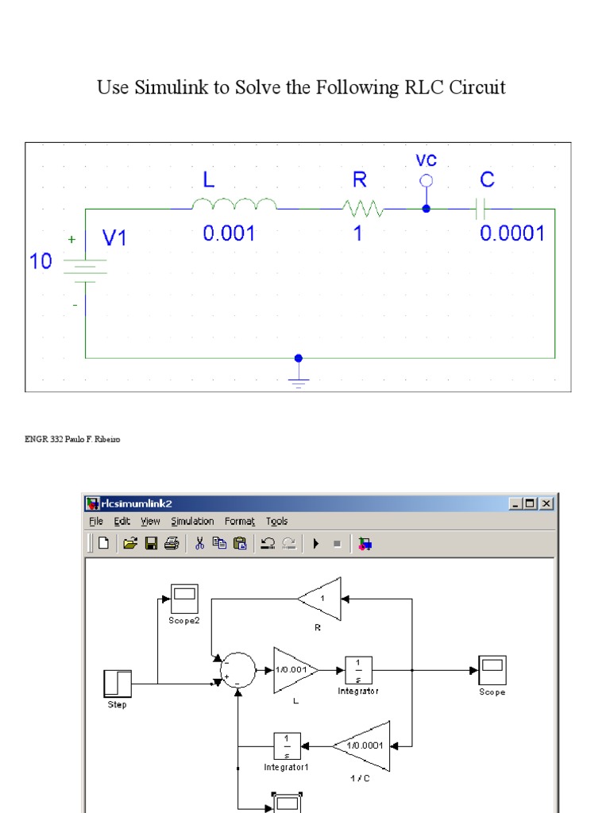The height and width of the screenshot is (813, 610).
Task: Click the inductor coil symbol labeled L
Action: [x=234, y=205]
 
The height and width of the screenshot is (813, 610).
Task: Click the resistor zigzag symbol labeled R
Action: [x=363, y=209]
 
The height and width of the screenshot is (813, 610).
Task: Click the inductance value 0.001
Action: [x=230, y=233]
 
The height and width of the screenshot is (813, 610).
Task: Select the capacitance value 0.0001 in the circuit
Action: [x=512, y=233]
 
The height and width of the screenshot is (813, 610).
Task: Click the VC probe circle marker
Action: [x=427, y=181]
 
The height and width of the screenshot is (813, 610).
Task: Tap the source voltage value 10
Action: [x=41, y=261]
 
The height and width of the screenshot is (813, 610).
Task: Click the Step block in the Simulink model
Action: [x=118, y=684]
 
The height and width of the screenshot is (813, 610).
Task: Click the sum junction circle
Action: [x=237, y=670]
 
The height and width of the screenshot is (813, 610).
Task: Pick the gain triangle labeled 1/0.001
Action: [x=294, y=670]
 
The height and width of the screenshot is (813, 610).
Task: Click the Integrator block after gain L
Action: [x=358, y=670]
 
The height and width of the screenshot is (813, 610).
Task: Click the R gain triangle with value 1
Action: [x=321, y=598]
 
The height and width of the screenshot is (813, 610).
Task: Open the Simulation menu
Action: [x=192, y=522]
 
